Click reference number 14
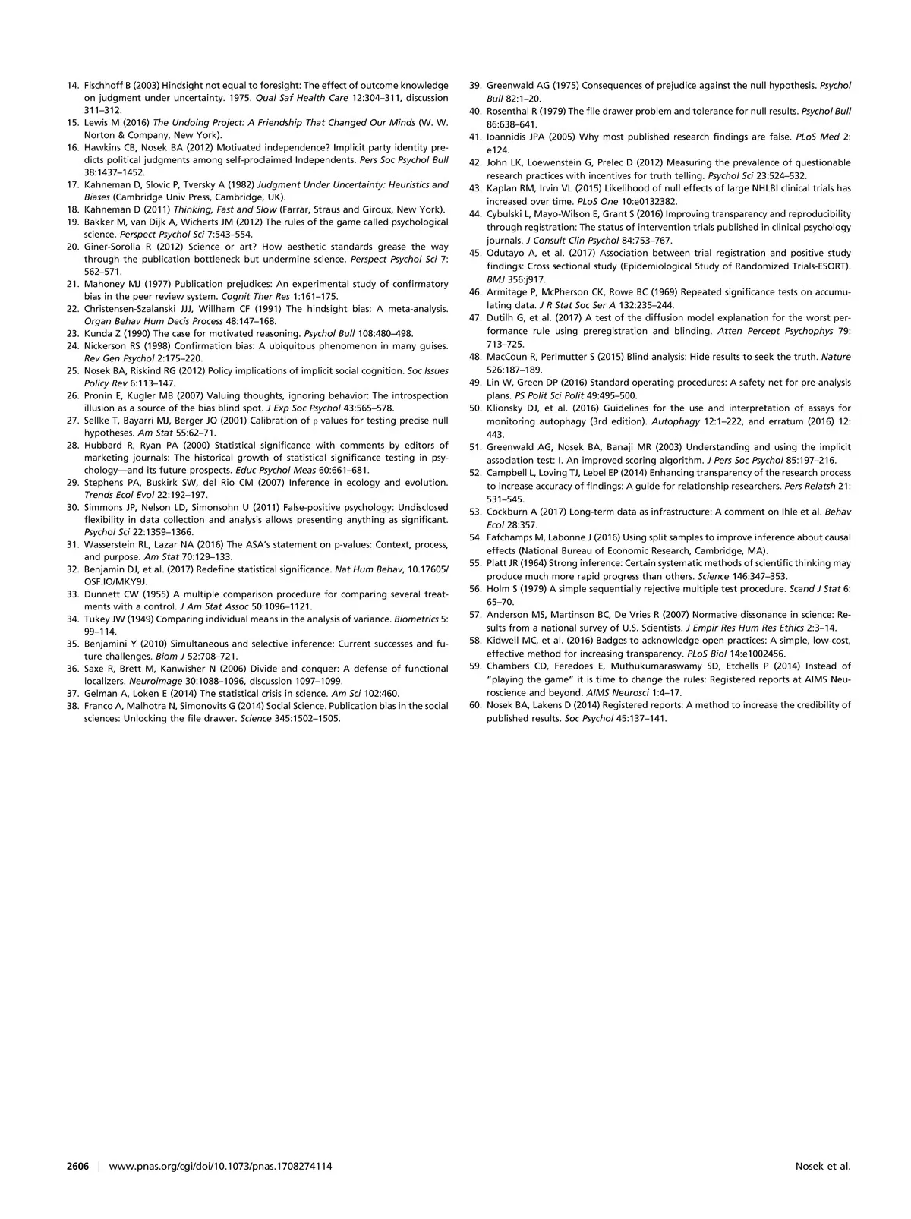point(72,86)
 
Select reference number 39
point(475,86)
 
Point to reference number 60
point(475,705)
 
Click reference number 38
point(72,705)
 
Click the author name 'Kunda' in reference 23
point(96,333)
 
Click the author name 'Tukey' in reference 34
point(96,619)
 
